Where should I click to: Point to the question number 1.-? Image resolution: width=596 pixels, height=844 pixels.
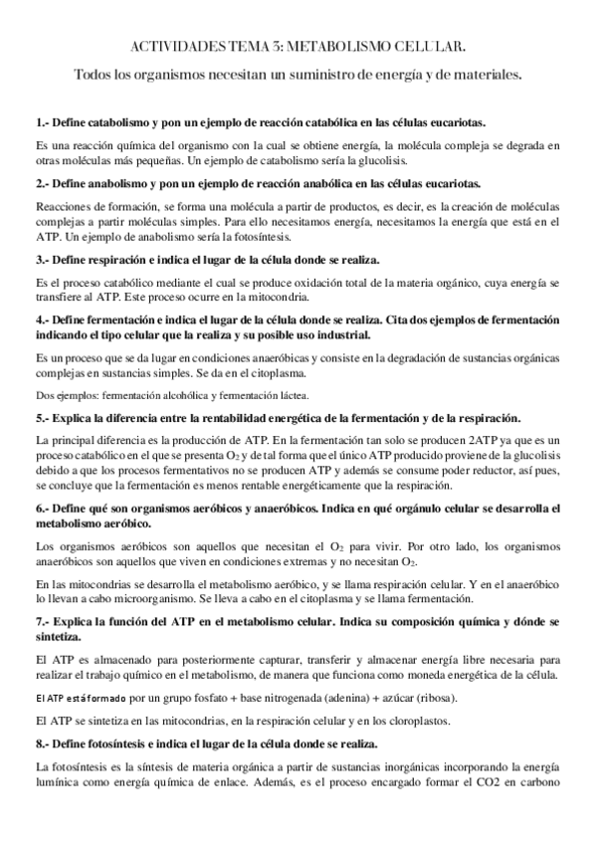(43, 122)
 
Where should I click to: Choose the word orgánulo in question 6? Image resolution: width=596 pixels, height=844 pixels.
(423, 509)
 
